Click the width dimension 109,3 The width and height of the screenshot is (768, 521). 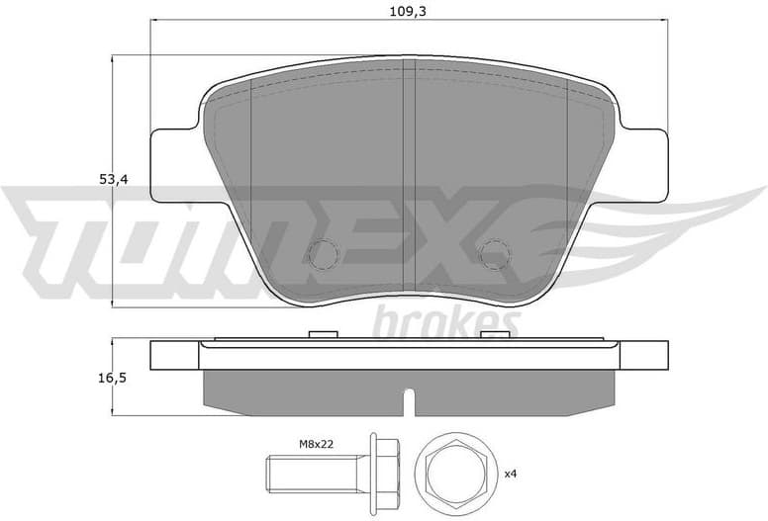408,11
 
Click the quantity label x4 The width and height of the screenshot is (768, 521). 511,475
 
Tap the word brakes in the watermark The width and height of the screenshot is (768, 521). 446,321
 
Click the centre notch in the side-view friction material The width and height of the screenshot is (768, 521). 408,401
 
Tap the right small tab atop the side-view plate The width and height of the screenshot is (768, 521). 492,334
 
